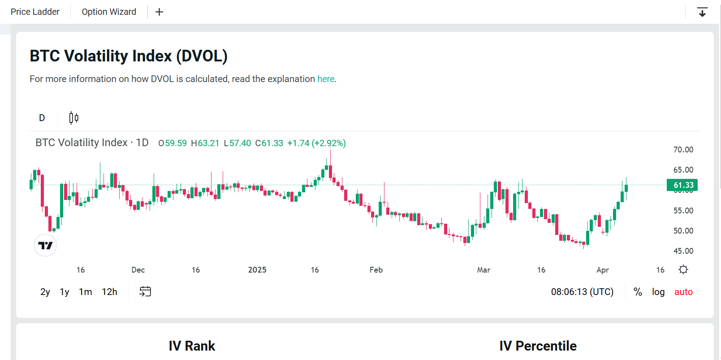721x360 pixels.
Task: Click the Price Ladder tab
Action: [x=35, y=12]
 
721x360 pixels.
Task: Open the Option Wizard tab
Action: [x=109, y=12]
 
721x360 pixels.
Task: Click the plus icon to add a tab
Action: [x=159, y=12]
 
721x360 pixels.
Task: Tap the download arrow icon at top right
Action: [x=702, y=12]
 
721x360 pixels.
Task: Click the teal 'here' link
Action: [x=326, y=79]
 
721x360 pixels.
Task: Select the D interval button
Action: [x=42, y=118]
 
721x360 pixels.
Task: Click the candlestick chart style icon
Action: [x=74, y=118]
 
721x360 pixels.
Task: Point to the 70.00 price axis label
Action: [x=683, y=150]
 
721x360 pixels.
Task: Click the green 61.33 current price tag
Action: [x=682, y=185]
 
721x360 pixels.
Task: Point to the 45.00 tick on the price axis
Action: [x=683, y=251]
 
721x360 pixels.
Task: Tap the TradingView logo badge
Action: [x=45, y=245]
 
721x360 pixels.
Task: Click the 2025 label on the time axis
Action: [x=257, y=270]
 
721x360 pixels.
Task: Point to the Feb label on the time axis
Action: [x=376, y=270]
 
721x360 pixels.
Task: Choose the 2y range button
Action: [x=45, y=292]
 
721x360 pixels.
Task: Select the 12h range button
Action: [x=109, y=292]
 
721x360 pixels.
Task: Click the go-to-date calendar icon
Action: [x=145, y=292]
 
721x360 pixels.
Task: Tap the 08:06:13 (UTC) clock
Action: [x=582, y=292]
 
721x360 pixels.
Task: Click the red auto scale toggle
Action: [x=683, y=292]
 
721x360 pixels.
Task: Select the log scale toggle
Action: [x=658, y=292]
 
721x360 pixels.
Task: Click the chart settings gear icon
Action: [x=683, y=269]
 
